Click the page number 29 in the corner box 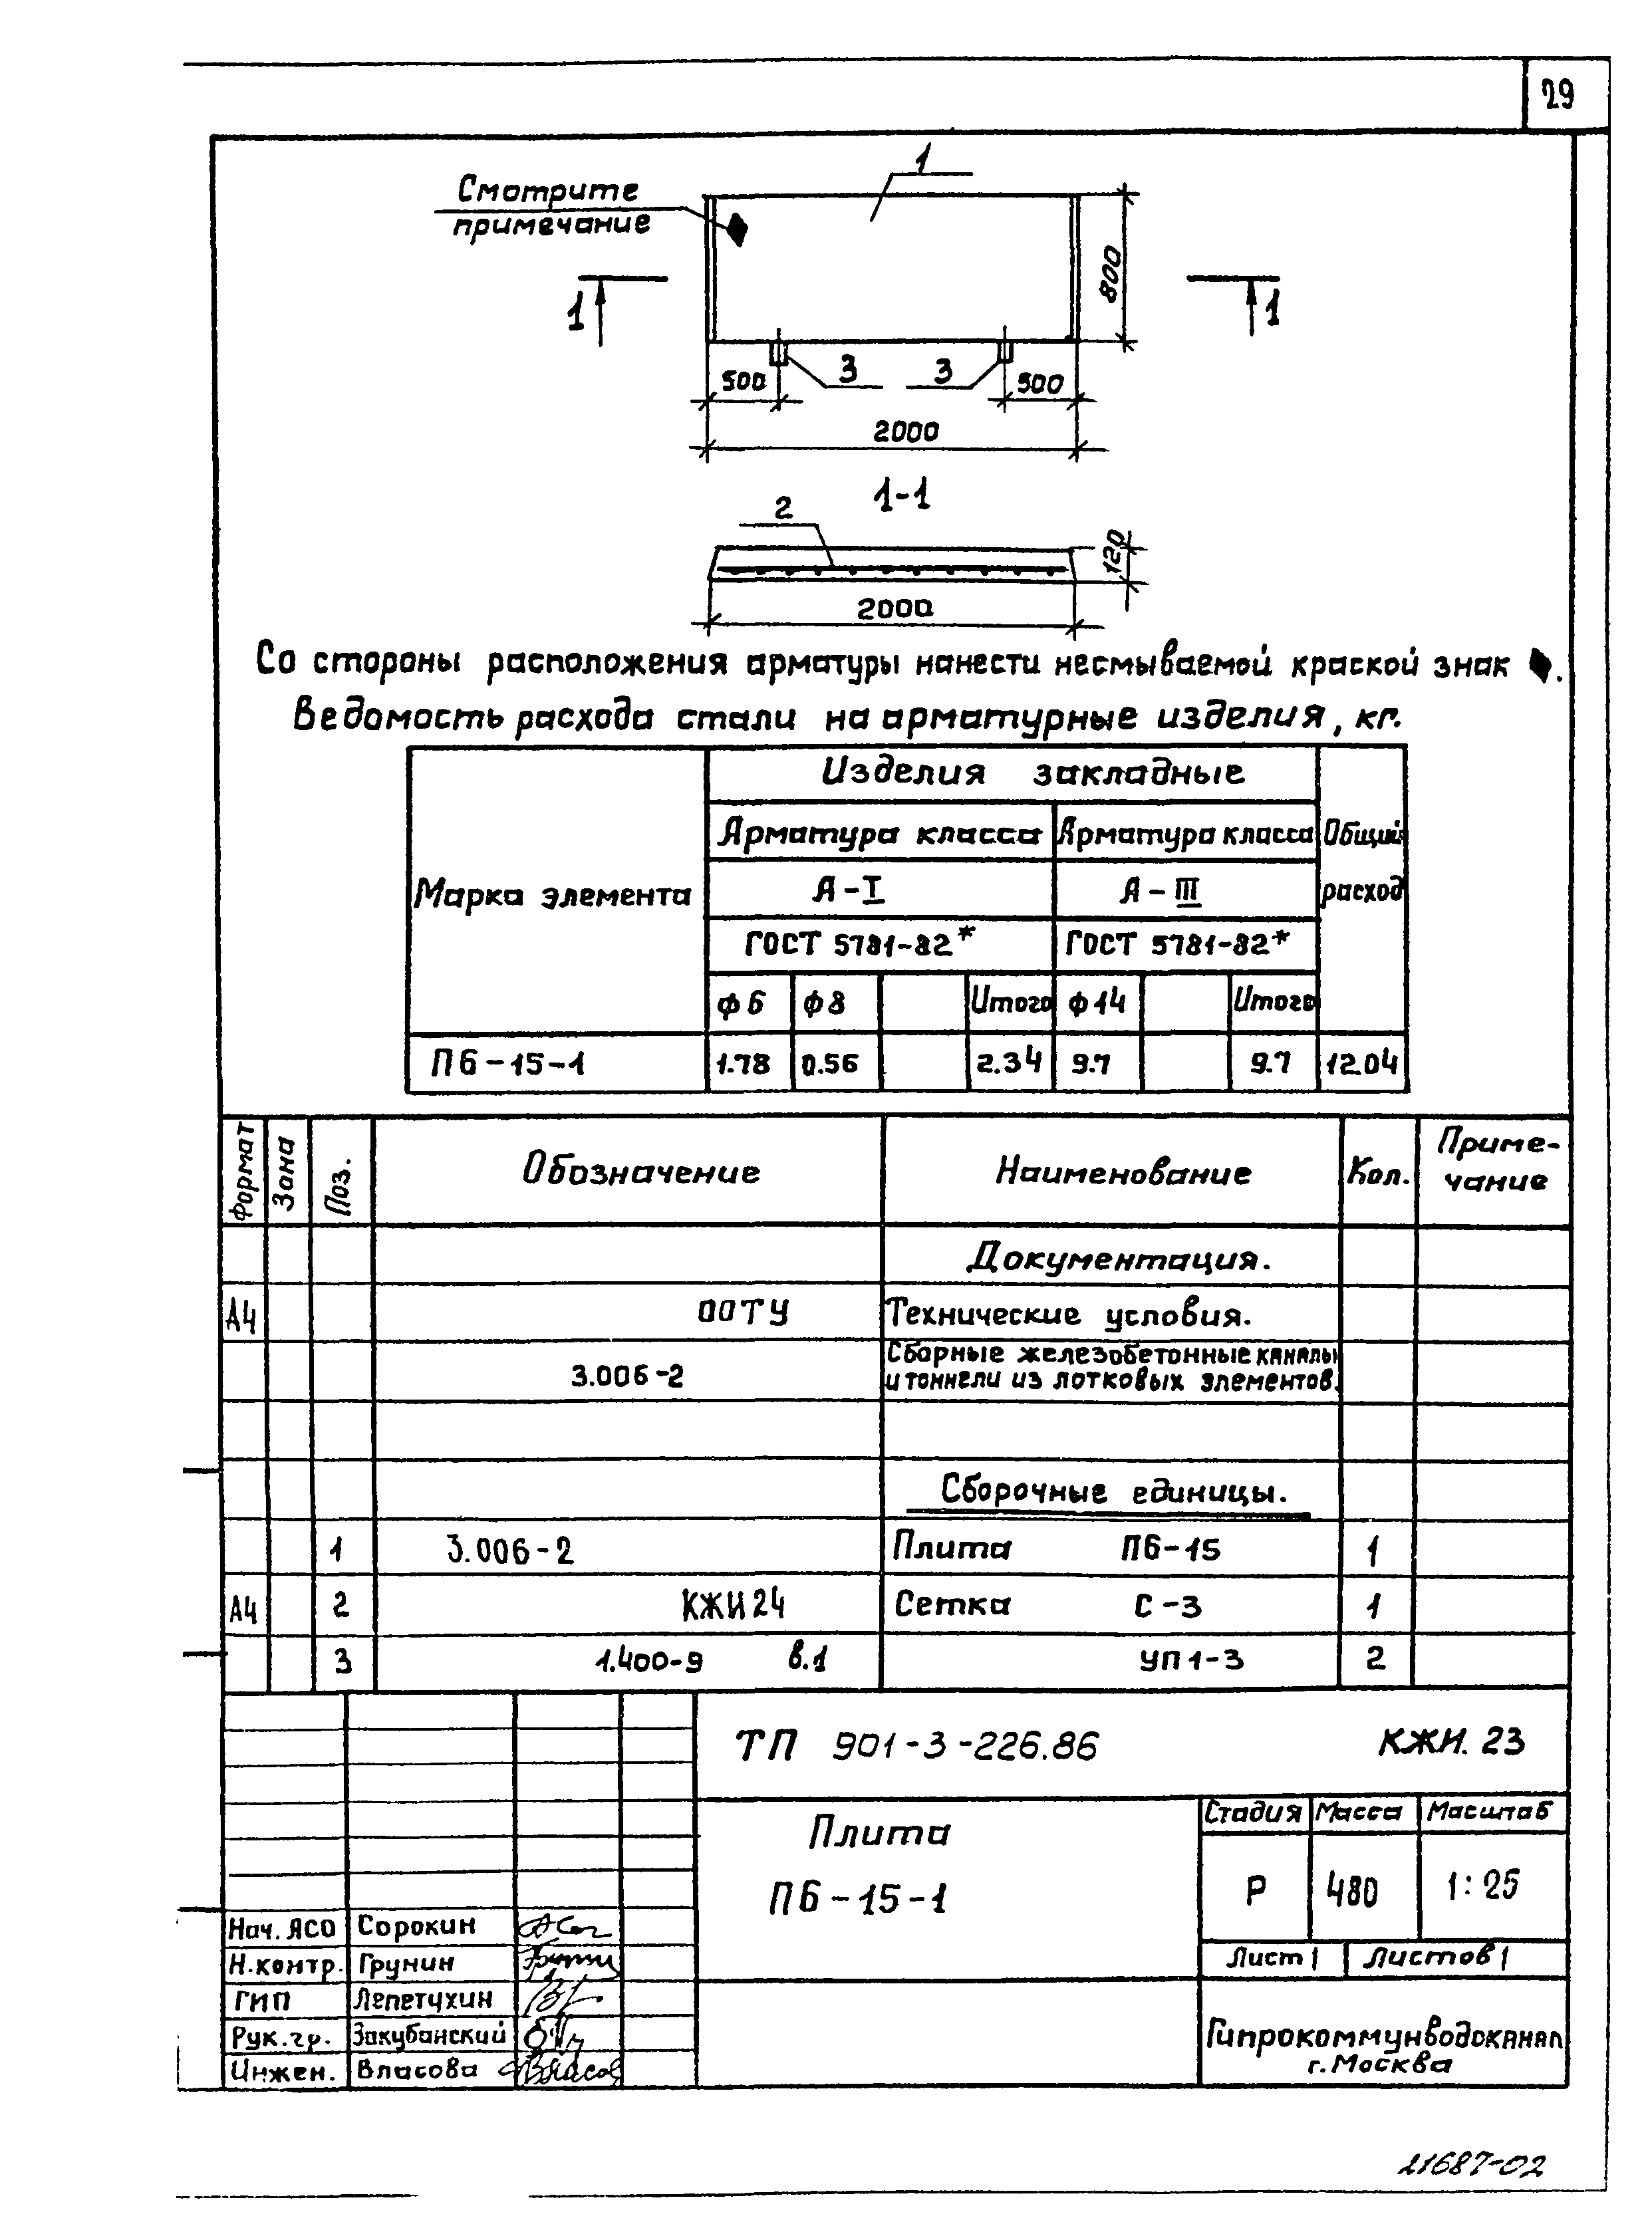(x=1558, y=96)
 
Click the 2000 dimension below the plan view (x=906, y=432)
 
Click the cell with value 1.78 (x=745, y=1064)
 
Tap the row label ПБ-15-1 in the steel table (x=507, y=1064)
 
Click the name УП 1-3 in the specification (x=1192, y=1660)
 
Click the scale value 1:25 (x=1482, y=1886)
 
